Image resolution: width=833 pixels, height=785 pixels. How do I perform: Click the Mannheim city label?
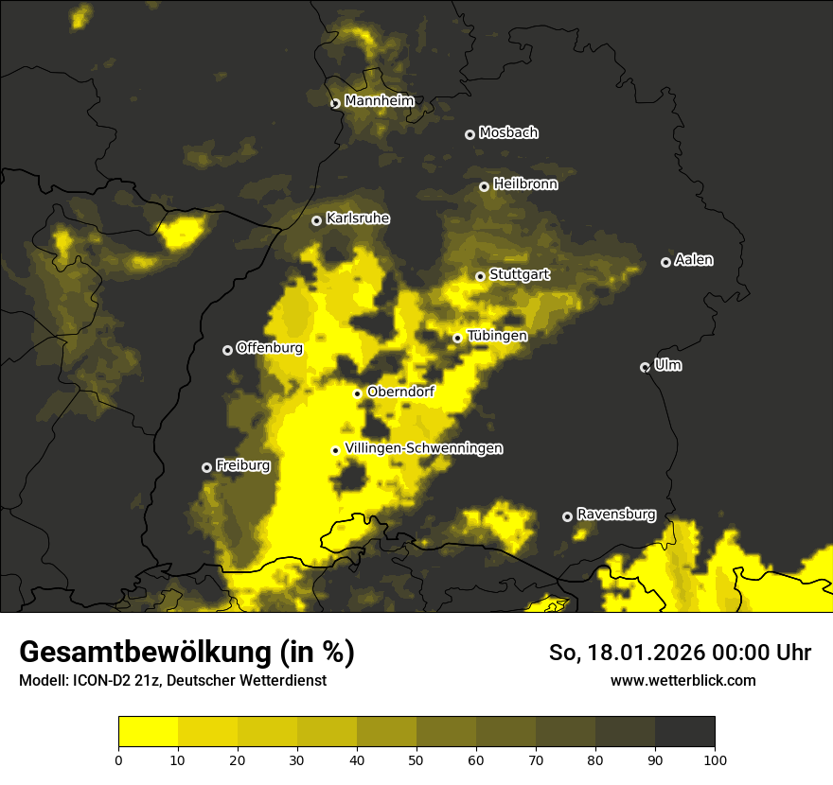point(379,101)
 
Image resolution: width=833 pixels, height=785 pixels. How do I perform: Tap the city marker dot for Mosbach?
point(470,134)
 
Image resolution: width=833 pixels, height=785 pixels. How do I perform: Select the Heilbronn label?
point(525,184)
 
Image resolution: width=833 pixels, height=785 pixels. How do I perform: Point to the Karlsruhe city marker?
point(316,220)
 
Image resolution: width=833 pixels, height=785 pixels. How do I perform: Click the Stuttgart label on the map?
point(519,275)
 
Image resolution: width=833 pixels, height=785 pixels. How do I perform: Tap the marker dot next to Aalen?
point(665,262)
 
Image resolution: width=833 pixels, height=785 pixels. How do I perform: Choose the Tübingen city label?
point(497,336)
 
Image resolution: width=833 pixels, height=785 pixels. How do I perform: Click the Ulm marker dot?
point(645,367)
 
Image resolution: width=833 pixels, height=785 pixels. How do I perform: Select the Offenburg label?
point(270,348)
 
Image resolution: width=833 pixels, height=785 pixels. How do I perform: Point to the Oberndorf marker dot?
point(357,393)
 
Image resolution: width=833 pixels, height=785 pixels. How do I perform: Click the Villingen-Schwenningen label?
point(424,448)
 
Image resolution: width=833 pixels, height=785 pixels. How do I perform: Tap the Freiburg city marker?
point(206,467)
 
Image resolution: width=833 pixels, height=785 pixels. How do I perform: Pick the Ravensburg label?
point(616,515)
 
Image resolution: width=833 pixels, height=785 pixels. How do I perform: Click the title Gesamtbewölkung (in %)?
point(186,653)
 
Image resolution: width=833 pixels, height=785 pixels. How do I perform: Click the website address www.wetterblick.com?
point(682,680)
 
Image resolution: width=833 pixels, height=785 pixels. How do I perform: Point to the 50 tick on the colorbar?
point(416,759)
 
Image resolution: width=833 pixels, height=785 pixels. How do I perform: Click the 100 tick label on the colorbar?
point(715,759)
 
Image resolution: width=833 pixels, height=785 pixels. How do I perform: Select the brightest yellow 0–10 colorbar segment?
point(148,732)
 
